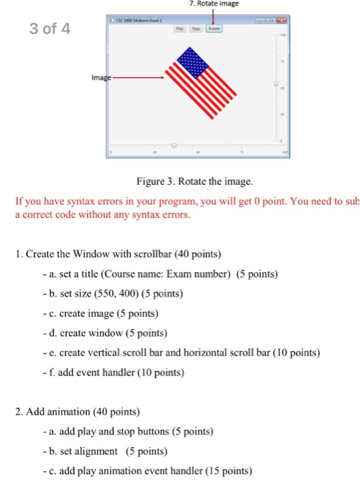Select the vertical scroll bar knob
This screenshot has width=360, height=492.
(x=277, y=84)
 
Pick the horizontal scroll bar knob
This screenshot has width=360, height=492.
(x=174, y=145)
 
